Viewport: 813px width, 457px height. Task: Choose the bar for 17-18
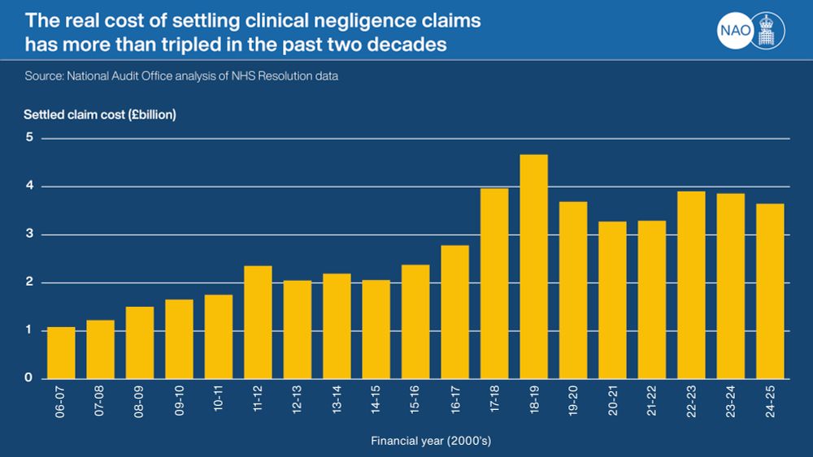(494, 283)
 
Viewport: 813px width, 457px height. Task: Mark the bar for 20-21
(612, 300)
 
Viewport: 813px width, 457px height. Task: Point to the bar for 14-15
(376, 329)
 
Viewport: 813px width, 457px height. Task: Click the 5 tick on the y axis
(28, 138)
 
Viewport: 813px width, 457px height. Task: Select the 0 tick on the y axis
(28, 378)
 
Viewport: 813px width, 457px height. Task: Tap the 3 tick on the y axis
(28, 235)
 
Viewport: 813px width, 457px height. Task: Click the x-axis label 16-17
(454, 400)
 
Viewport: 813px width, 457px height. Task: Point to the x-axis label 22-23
(691, 400)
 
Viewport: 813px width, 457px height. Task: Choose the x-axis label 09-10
(179, 400)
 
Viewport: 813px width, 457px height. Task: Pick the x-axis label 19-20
(573, 400)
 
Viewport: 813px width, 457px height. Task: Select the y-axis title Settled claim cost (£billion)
(99, 114)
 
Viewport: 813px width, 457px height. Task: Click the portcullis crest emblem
(766, 31)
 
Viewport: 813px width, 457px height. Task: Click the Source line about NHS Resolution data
(180, 76)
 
